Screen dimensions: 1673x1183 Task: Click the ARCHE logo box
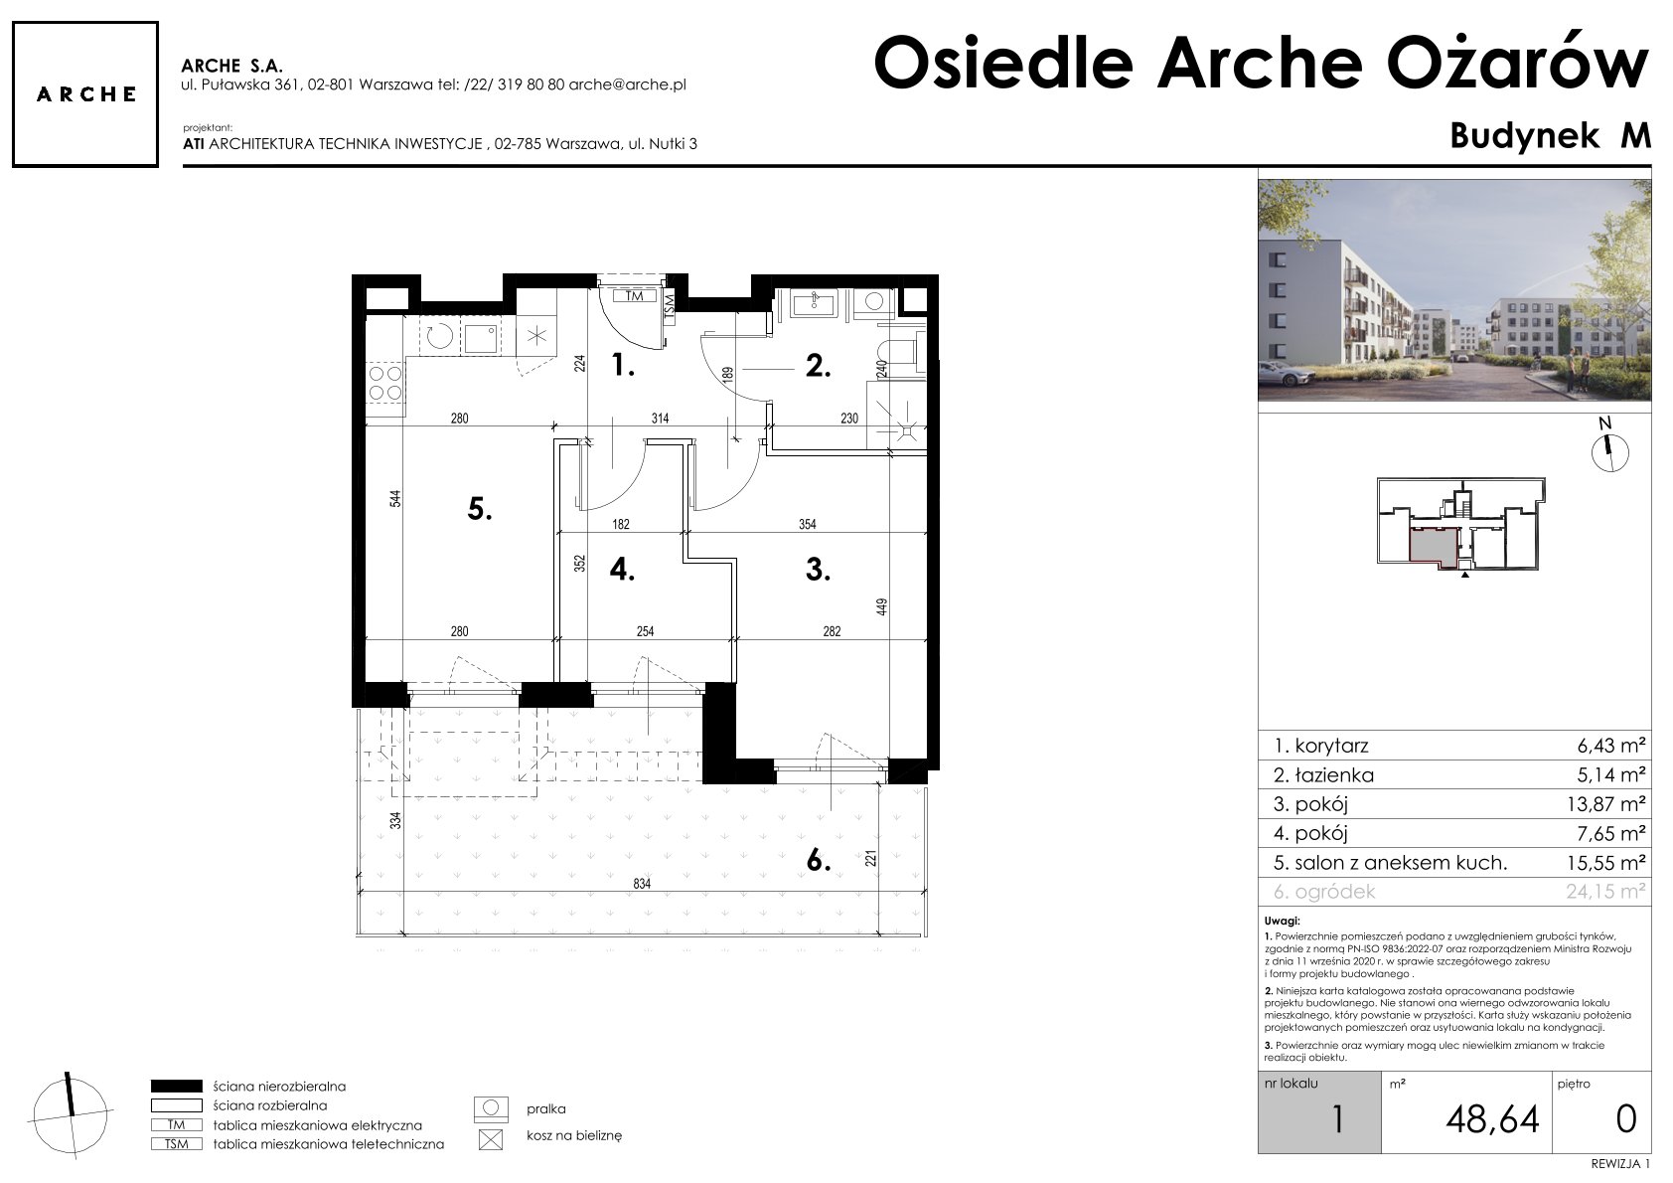click(x=85, y=94)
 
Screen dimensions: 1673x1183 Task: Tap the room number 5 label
click(x=480, y=509)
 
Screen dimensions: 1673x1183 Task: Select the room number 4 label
click(x=622, y=570)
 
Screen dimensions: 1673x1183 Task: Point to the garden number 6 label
click(x=819, y=861)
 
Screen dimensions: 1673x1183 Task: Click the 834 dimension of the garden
click(x=642, y=884)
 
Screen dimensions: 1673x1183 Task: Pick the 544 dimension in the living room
click(x=395, y=498)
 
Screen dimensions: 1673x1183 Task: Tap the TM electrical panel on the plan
click(x=634, y=296)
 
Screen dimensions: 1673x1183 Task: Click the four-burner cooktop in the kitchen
click(x=385, y=383)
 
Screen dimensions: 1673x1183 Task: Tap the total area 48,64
click(x=1493, y=1119)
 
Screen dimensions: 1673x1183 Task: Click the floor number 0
click(x=1626, y=1118)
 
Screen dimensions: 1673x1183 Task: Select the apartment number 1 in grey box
click(x=1337, y=1119)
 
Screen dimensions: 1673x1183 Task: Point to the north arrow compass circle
click(x=1609, y=453)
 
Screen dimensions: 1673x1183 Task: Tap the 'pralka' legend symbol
click(x=491, y=1109)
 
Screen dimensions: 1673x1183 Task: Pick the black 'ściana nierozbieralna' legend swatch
click(x=176, y=1086)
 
